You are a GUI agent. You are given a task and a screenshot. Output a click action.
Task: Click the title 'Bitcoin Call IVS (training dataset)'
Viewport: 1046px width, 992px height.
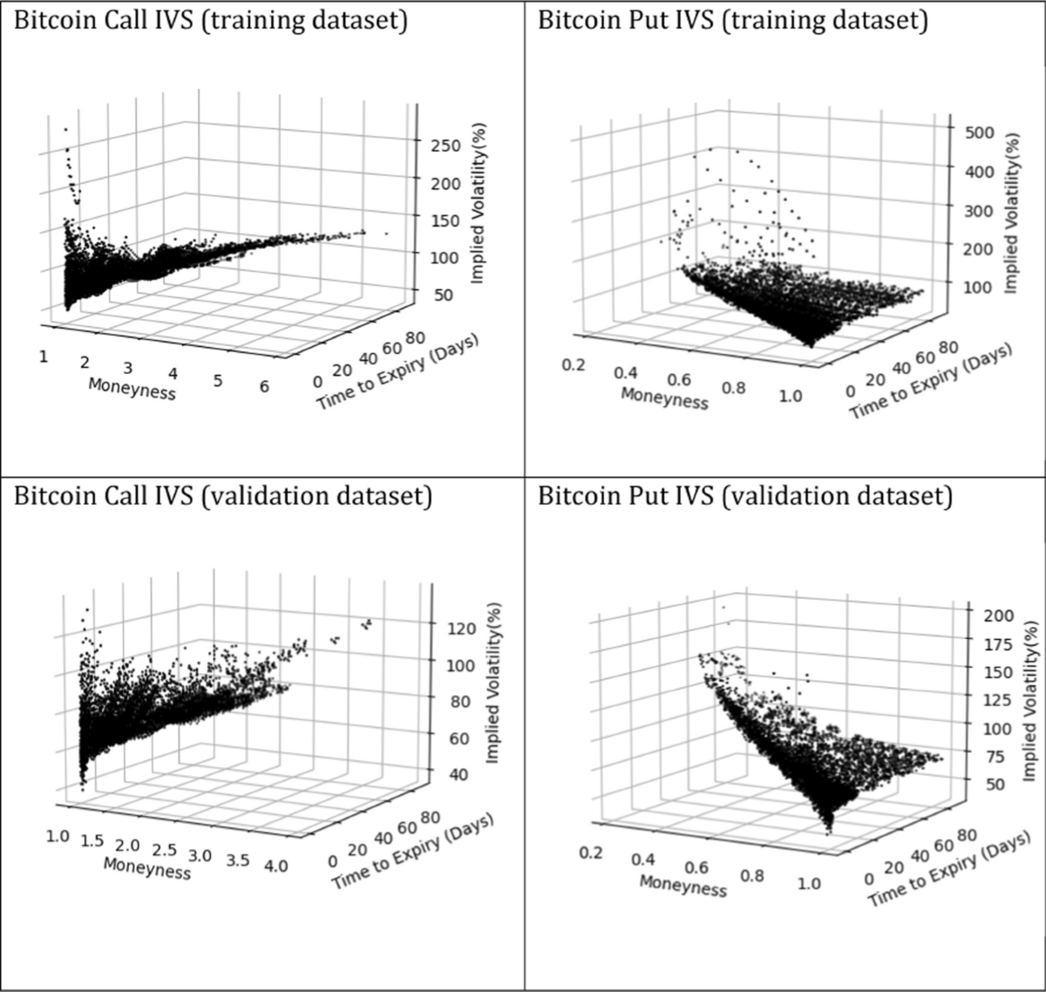pyautogui.click(x=210, y=21)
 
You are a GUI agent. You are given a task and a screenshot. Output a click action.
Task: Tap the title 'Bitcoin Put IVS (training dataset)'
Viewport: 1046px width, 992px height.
pyautogui.click(x=732, y=21)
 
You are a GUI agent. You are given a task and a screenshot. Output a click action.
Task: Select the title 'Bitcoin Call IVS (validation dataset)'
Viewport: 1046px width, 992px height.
pyautogui.click(x=222, y=497)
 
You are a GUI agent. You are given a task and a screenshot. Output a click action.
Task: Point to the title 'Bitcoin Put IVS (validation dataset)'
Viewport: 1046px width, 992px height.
pyautogui.click(x=744, y=497)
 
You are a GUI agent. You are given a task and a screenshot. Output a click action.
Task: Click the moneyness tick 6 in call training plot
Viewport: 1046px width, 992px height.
pyautogui.click(x=264, y=388)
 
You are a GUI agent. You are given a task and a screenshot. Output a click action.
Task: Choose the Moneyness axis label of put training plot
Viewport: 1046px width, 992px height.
pyautogui.click(x=664, y=397)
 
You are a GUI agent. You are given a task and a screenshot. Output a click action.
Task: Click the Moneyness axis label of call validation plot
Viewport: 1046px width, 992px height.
pyautogui.click(x=146, y=868)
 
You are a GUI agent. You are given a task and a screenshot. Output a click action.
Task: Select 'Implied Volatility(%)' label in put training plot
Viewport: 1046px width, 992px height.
pyautogui.click(x=1010, y=214)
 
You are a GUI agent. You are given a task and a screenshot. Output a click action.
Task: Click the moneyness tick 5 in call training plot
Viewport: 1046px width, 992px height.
pyautogui.click(x=217, y=380)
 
